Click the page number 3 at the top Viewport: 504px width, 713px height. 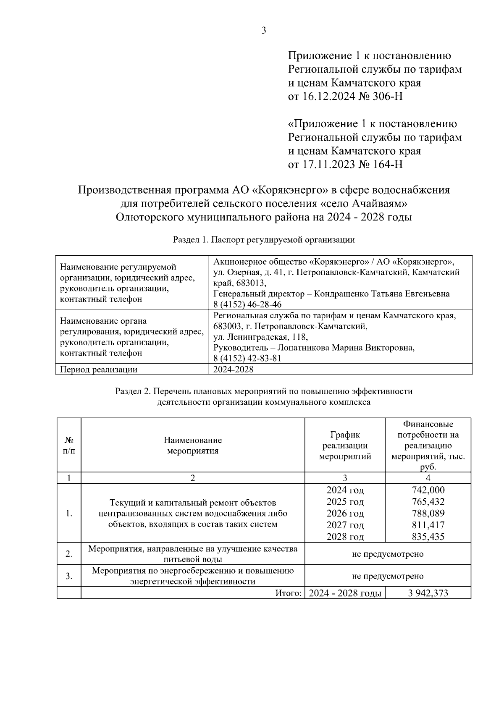264,30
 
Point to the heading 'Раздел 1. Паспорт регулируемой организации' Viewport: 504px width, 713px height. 264,240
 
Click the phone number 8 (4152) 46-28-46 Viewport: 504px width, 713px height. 247,304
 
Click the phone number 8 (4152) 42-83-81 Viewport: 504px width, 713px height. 247,358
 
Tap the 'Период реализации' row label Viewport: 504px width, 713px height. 99,370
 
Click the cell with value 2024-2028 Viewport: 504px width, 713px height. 233,370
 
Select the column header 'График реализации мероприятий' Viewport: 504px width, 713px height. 345,446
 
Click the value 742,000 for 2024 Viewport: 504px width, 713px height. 428,490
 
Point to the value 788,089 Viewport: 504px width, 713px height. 428,513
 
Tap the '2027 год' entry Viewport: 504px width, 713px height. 345,525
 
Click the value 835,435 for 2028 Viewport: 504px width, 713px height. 428,537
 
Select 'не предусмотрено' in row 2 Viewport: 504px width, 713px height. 387,554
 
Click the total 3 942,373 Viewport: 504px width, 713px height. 428,593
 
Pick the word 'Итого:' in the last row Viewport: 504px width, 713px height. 289,593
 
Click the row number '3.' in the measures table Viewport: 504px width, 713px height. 69,576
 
